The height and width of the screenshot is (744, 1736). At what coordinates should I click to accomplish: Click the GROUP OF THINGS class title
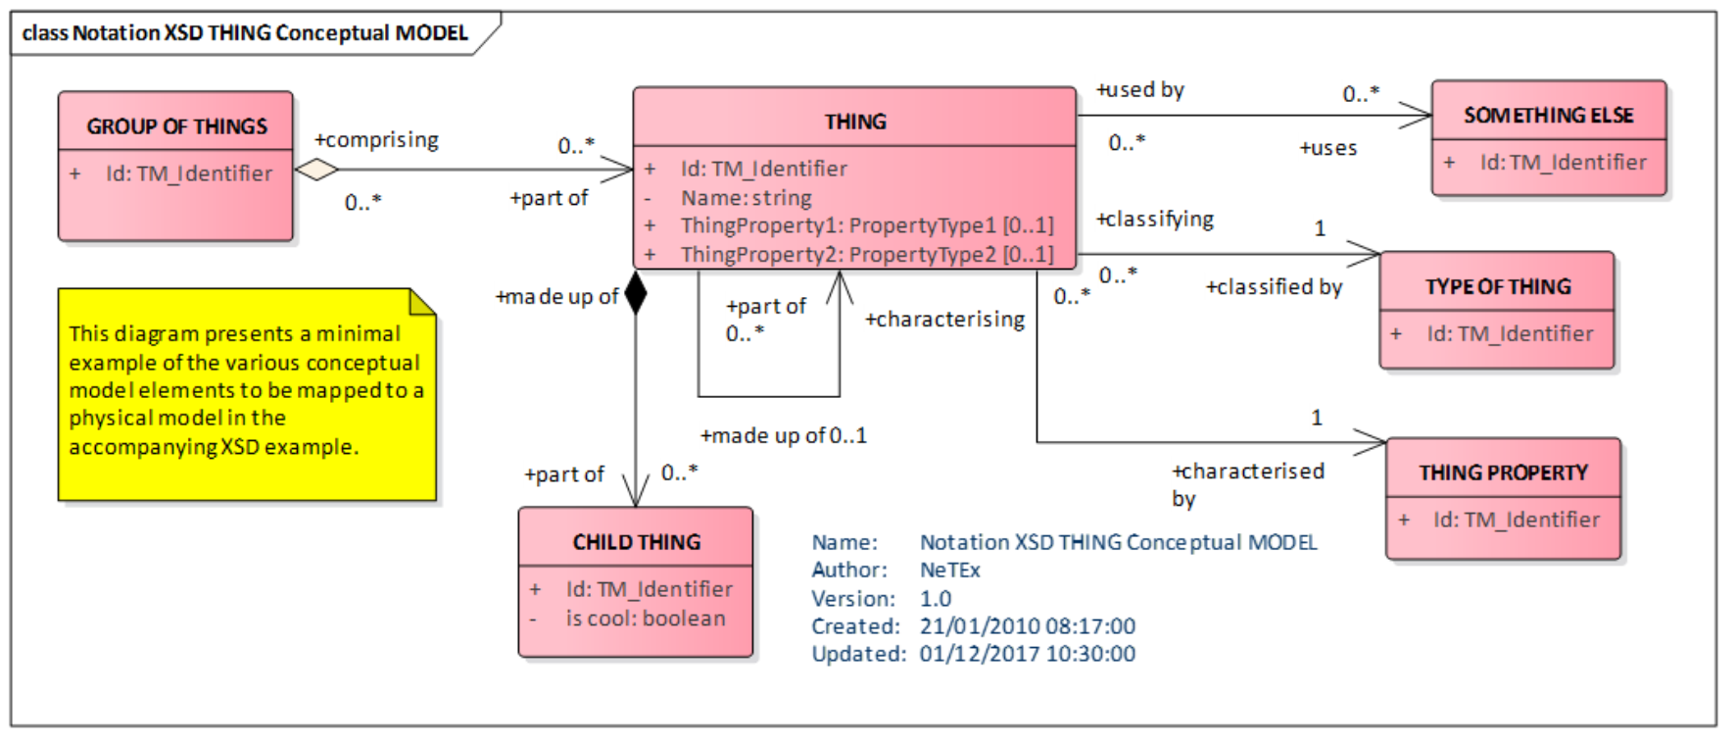tap(176, 126)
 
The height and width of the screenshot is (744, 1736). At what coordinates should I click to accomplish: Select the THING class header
tap(854, 122)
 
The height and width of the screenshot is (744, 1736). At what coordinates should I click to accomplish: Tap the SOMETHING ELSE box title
tap(1548, 116)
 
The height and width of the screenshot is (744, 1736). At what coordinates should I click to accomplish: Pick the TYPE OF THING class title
tap(1497, 287)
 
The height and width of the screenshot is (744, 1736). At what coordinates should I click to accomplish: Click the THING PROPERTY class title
tap(1503, 472)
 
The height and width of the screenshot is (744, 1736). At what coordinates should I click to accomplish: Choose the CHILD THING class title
tap(636, 542)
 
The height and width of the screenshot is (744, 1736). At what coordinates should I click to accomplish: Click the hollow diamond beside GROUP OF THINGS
tap(315, 170)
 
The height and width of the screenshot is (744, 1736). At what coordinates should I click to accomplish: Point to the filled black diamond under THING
tap(636, 292)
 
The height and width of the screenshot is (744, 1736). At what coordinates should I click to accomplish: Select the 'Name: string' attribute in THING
tap(746, 198)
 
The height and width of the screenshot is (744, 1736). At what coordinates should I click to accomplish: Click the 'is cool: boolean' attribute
tap(645, 619)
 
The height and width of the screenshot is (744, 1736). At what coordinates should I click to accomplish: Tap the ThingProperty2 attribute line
tap(866, 255)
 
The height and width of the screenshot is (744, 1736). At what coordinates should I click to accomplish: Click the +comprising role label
tap(376, 140)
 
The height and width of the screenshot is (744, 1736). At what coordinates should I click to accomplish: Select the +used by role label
tap(1140, 90)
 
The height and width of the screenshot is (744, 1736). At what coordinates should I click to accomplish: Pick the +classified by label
tap(1274, 287)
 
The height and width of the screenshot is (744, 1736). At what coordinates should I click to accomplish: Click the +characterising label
tap(944, 320)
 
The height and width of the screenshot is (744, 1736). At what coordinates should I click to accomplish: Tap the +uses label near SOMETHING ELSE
tap(1327, 148)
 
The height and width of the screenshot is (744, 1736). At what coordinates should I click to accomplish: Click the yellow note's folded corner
tap(423, 302)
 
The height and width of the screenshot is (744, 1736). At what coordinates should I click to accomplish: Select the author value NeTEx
tap(949, 570)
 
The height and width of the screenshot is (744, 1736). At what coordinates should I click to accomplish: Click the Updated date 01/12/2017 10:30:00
tap(1027, 654)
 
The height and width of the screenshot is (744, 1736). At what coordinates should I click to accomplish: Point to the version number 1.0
tap(935, 598)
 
